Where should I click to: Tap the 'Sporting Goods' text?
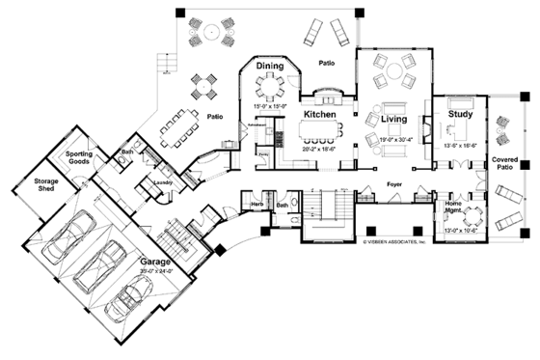click(x=78, y=158)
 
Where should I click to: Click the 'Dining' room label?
click(x=270, y=66)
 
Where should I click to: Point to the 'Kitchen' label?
click(x=319, y=114)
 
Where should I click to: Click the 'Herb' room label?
click(x=257, y=204)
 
